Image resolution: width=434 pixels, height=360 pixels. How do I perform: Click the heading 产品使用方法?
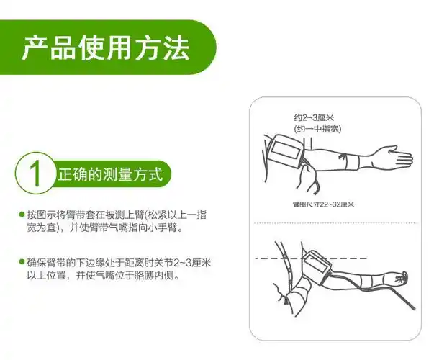pyautogui.click(x=106, y=48)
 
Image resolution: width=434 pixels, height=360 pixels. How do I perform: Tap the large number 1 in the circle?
pyautogui.click(x=35, y=173)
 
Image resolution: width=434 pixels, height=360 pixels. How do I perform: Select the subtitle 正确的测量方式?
pyautogui.click(x=110, y=174)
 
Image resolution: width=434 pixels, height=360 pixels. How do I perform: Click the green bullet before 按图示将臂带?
pyautogui.click(x=22, y=214)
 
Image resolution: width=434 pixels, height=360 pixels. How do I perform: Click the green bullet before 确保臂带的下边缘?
pyautogui.click(x=22, y=261)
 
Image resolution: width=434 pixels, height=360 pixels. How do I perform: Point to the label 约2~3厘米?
pyautogui.click(x=314, y=117)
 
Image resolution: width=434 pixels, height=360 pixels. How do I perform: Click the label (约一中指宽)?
pyautogui.click(x=317, y=129)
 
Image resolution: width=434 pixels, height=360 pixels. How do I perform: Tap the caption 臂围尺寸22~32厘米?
pyautogui.click(x=323, y=204)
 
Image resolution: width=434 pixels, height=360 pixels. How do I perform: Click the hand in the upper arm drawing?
pyautogui.click(x=397, y=157)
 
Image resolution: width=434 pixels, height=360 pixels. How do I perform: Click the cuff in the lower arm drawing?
pyautogui.click(x=317, y=266)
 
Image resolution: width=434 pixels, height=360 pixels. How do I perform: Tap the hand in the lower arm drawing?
pyautogui.click(x=399, y=278)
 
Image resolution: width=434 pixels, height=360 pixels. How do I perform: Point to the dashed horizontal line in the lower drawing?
pyautogui.click(x=310, y=258)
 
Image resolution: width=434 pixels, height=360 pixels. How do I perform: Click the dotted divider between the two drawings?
pyautogui.click(x=335, y=222)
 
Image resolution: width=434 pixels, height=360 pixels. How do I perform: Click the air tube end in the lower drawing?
pyautogui.click(x=412, y=307)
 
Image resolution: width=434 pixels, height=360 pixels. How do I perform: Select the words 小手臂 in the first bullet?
pyautogui.click(x=161, y=228)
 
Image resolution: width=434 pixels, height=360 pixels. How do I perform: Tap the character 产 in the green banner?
pyautogui.click(x=35, y=48)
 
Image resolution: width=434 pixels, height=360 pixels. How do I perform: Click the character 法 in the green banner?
pyautogui.click(x=176, y=48)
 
